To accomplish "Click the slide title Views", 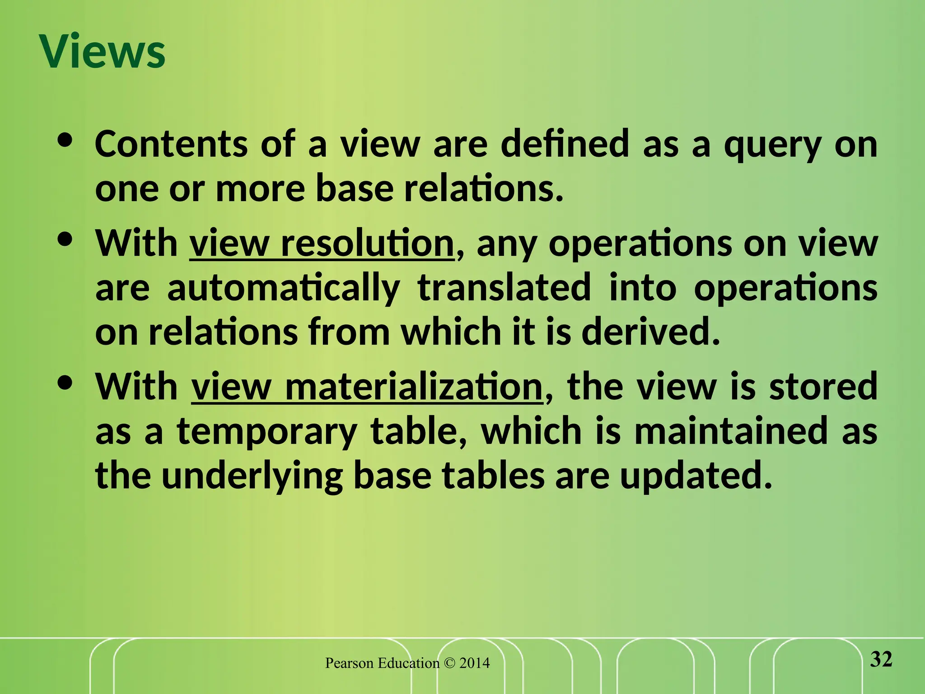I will pos(103,52).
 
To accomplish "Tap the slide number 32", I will pos(881,660).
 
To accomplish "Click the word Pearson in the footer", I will pos(350,663).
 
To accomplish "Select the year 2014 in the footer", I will pos(474,663).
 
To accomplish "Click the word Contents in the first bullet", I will pos(171,144).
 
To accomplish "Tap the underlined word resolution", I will pos(367,244).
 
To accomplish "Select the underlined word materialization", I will pos(414,387).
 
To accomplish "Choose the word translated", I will pos(504,288).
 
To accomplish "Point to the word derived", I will pos(650,332).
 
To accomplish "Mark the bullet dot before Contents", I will pos(65,141).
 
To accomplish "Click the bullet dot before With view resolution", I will pos(65,240).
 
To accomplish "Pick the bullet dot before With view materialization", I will pos(65,383).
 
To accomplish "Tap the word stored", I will pos(823,386).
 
